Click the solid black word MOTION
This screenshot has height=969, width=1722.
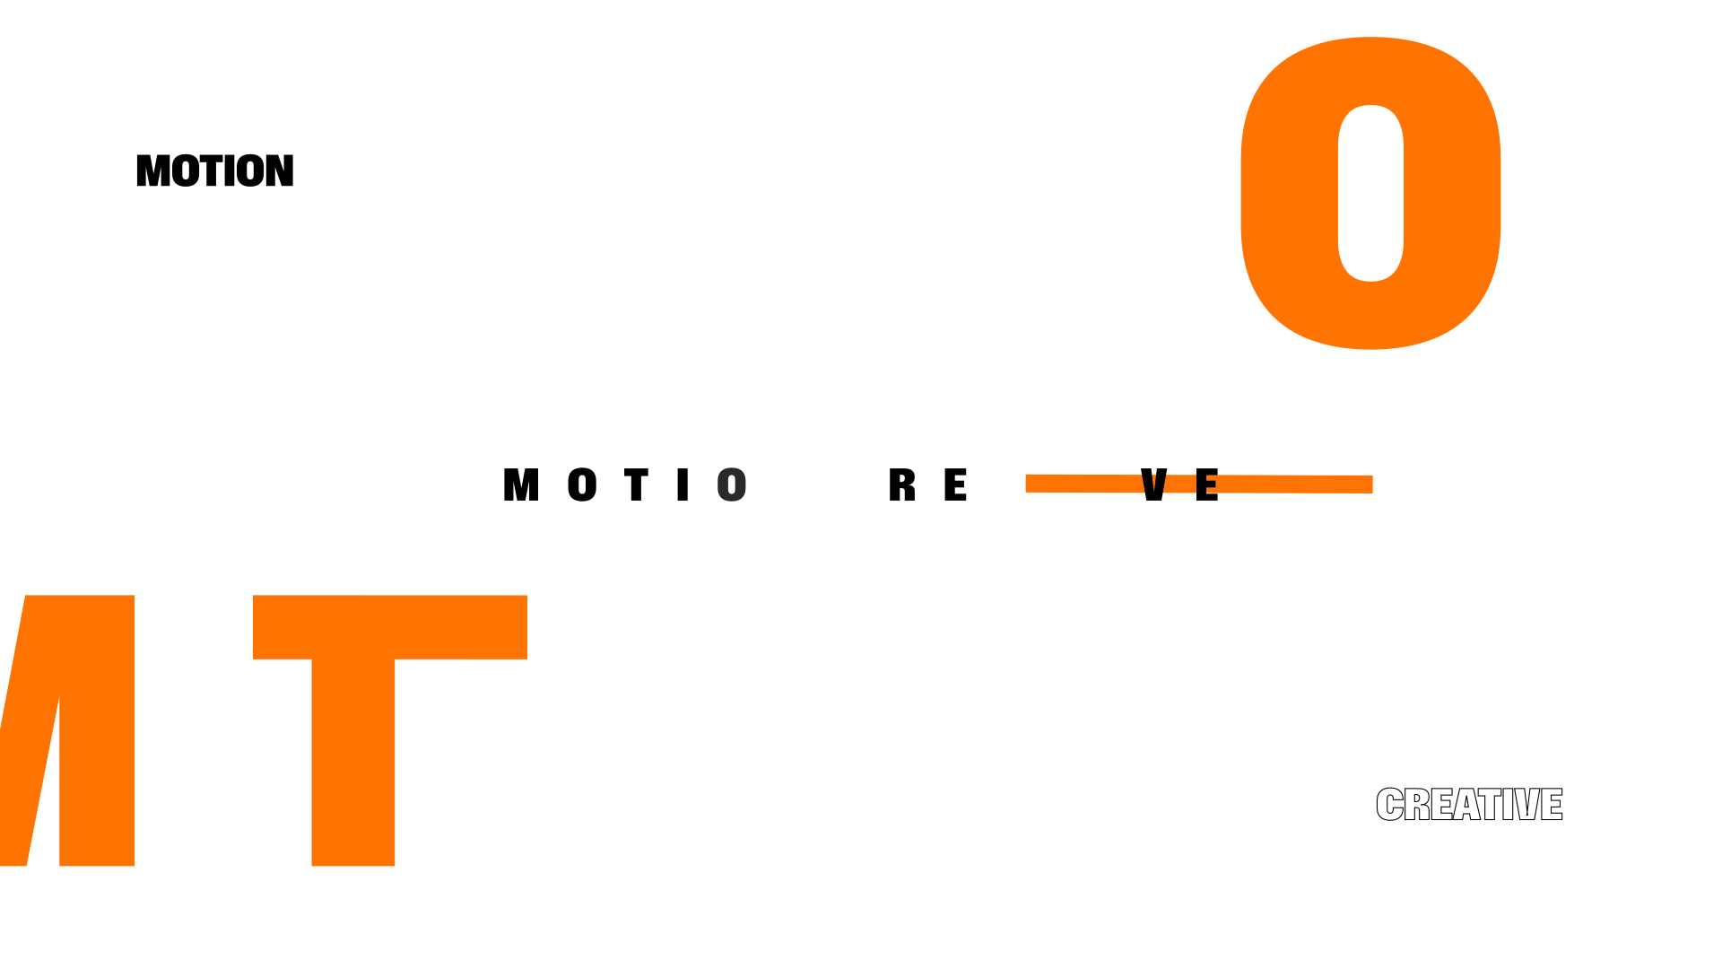point(215,170)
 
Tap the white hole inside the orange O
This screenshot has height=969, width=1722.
point(1370,193)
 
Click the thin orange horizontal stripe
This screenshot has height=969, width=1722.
point(1076,484)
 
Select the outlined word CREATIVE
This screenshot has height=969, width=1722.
point(1469,805)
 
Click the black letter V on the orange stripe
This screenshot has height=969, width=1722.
point(1153,485)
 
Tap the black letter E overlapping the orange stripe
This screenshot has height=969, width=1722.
point(1207,485)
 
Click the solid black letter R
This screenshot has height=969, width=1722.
point(901,485)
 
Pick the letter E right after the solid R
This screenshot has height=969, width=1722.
point(955,485)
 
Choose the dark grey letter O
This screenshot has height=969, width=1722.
point(732,485)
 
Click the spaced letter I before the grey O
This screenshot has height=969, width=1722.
point(683,485)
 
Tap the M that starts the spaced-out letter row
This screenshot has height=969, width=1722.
point(521,485)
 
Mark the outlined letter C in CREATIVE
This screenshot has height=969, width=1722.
point(1389,805)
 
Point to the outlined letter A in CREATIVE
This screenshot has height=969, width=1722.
point(1467,805)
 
